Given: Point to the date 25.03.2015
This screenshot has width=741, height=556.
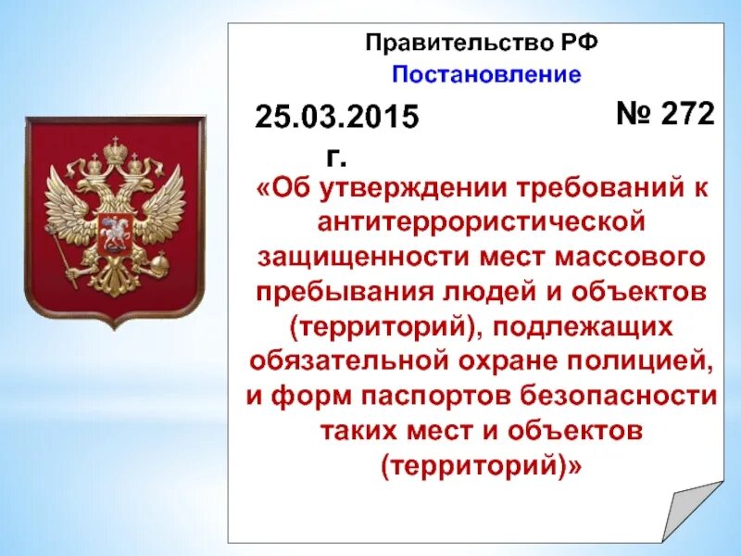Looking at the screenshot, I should coord(338,117).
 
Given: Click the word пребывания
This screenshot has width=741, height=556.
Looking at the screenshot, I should coord(353,290).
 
